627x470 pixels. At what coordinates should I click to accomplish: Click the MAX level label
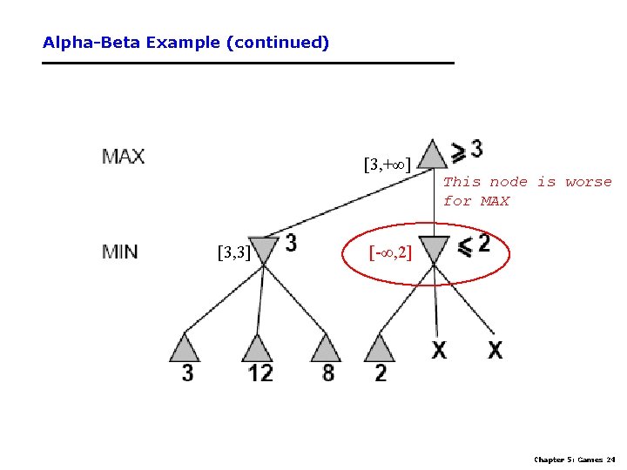point(124,158)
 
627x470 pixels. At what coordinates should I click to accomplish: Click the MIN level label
point(120,252)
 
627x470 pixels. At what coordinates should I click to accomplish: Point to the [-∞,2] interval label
point(390,254)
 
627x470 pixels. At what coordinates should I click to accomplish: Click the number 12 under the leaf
point(259,373)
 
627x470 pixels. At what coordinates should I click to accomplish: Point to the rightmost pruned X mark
point(495,350)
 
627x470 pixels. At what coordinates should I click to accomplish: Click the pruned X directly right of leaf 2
point(439,350)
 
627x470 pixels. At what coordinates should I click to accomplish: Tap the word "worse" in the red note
point(589,182)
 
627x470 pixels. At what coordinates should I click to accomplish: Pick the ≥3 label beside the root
point(466,151)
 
